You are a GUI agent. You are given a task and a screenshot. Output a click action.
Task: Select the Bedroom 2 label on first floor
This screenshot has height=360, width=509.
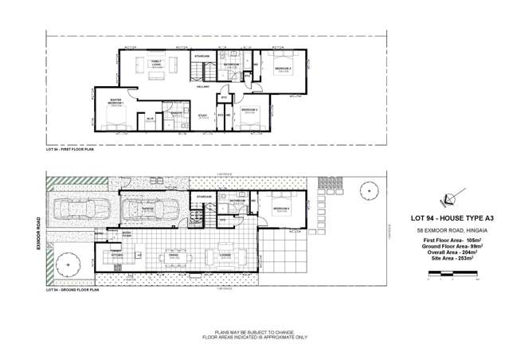[284, 68]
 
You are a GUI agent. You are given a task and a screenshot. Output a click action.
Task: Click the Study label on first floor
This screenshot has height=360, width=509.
[202, 116]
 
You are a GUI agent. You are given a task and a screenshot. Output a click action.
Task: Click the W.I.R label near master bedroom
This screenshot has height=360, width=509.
[150, 119]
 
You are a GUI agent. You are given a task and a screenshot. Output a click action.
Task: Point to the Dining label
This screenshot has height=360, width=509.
[172, 256]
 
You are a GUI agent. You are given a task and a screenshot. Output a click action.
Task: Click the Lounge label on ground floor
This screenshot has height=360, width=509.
[214, 256]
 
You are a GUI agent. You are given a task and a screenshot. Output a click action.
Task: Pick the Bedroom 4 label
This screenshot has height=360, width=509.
[281, 209]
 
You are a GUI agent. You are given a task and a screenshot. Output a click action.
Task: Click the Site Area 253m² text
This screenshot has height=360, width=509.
[452, 259]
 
